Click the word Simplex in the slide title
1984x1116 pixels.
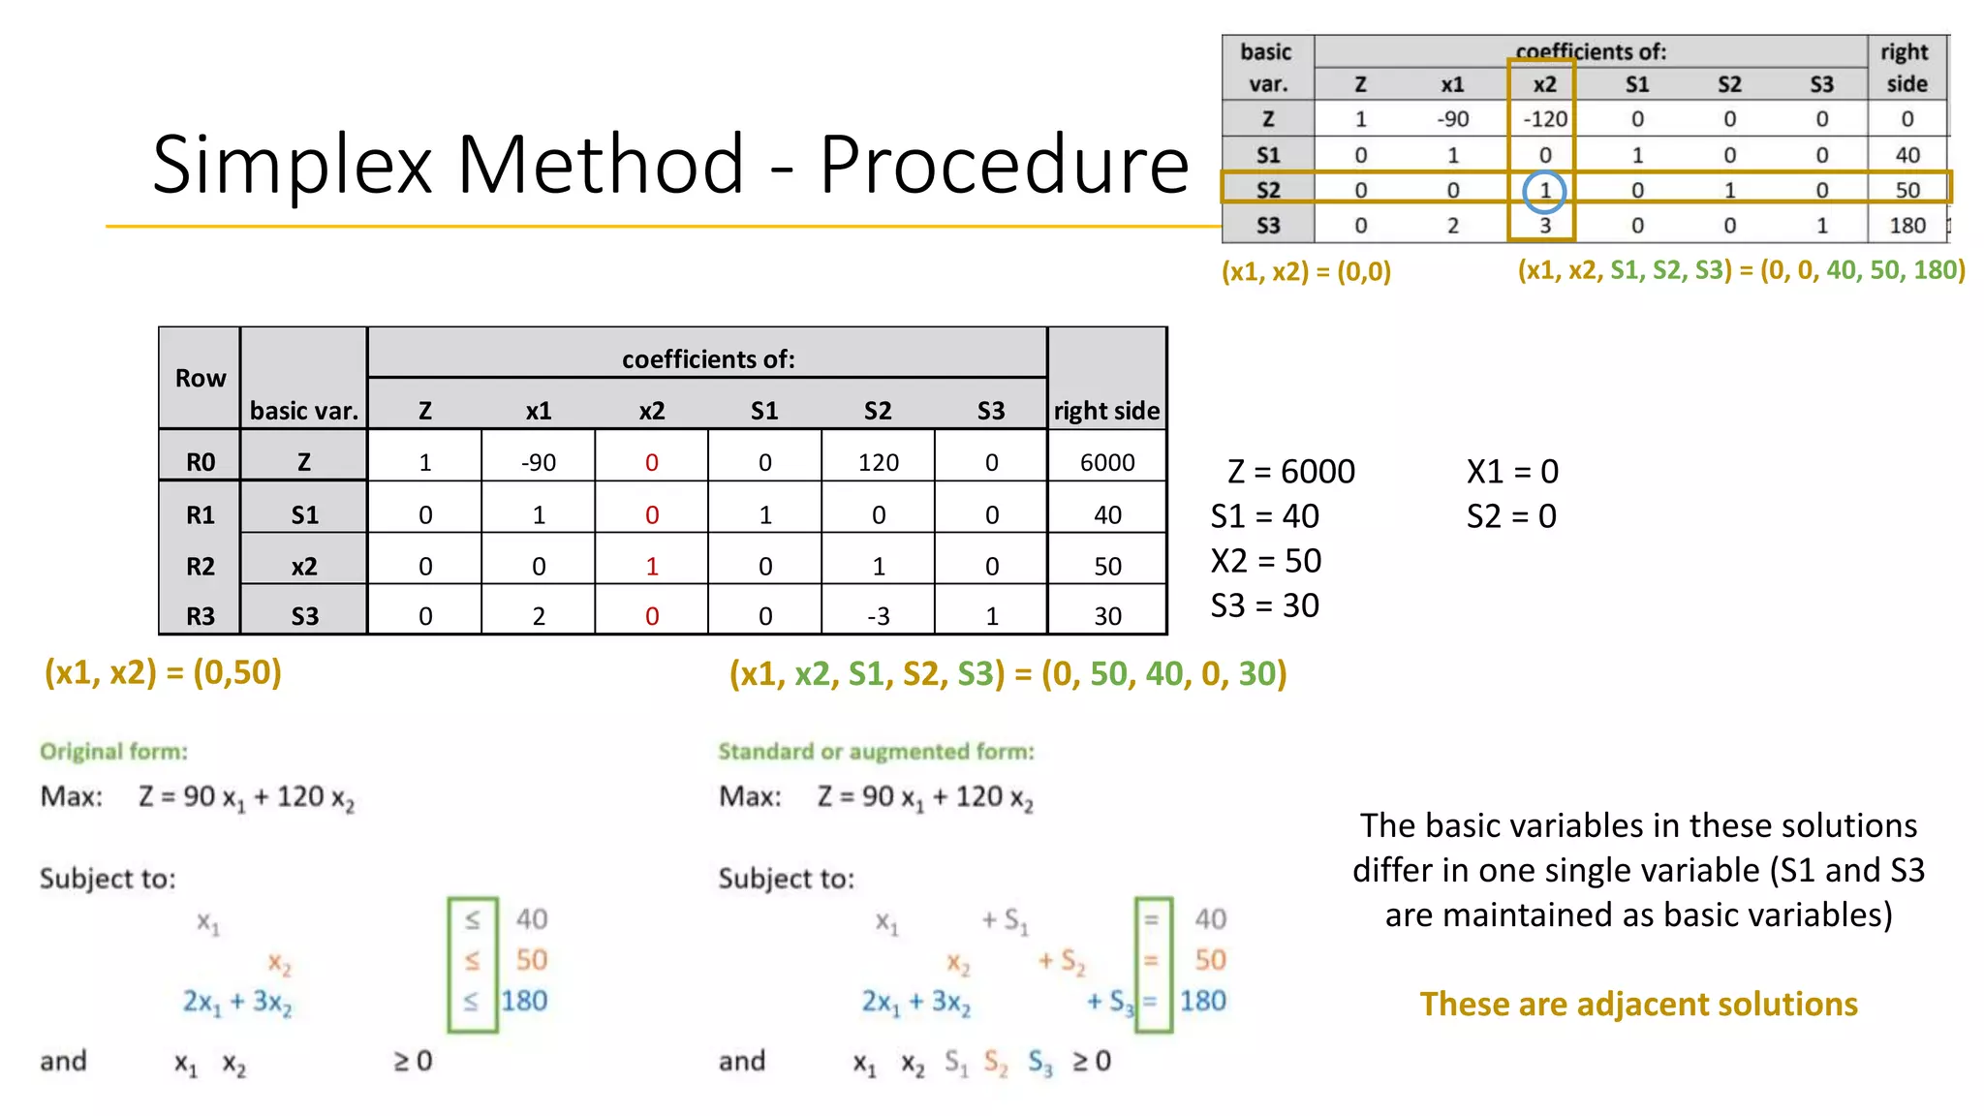coord(292,165)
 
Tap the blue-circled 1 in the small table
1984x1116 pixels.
coord(1544,191)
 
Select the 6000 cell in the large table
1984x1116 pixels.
coord(1106,463)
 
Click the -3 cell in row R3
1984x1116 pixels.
coord(878,616)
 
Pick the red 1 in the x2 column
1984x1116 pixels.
coord(652,567)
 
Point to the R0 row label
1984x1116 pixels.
coord(201,463)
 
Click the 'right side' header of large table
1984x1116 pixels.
coord(1106,411)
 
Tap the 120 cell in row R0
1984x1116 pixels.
coord(878,463)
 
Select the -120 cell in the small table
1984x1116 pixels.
coord(1544,119)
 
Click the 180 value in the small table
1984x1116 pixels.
coord(1906,226)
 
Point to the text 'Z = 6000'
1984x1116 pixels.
coord(1290,472)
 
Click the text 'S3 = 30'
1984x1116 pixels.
coord(1264,605)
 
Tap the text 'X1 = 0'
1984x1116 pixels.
coord(1512,472)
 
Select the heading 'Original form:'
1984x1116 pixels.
coord(113,752)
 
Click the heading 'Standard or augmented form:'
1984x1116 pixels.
coord(876,752)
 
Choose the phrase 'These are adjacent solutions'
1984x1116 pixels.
coord(1638,1004)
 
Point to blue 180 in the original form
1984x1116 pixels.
coord(524,1001)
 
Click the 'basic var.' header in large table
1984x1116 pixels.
coord(303,411)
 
